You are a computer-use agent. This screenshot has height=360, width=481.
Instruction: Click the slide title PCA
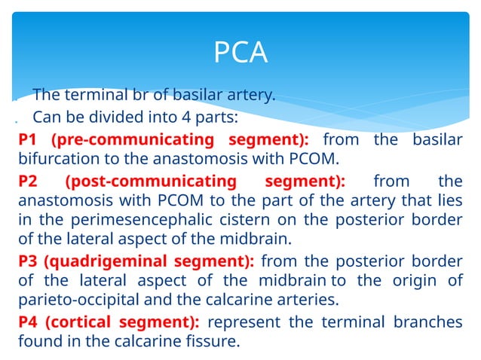point(240,53)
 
